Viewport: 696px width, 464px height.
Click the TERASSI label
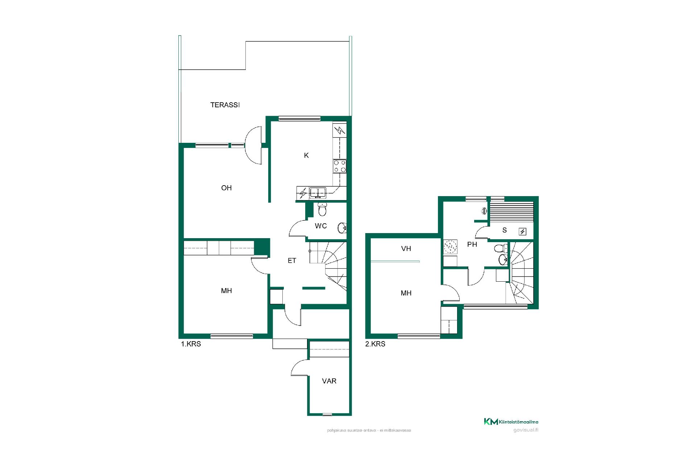coord(225,105)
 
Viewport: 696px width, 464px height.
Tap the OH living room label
coord(227,188)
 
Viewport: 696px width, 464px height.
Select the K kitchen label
coord(306,156)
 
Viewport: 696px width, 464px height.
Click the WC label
coord(321,226)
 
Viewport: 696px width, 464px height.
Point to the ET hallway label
coord(292,261)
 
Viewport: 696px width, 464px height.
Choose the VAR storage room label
coord(329,381)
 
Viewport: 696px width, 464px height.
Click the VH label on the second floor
coord(406,249)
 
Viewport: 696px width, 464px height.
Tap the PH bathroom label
coord(472,245)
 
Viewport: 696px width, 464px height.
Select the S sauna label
coord(505,230)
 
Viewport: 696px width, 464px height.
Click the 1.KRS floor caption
coord(191,344)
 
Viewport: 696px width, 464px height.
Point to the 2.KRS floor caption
coord(375,344)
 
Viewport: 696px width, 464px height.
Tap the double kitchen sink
coord(318,192)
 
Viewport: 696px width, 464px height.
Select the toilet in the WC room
coord(322,209)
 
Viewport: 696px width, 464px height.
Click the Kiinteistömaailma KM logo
coord(511,422)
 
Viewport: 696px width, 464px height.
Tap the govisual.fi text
coord(526,430)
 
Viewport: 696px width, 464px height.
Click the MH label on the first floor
coord(227,291)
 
